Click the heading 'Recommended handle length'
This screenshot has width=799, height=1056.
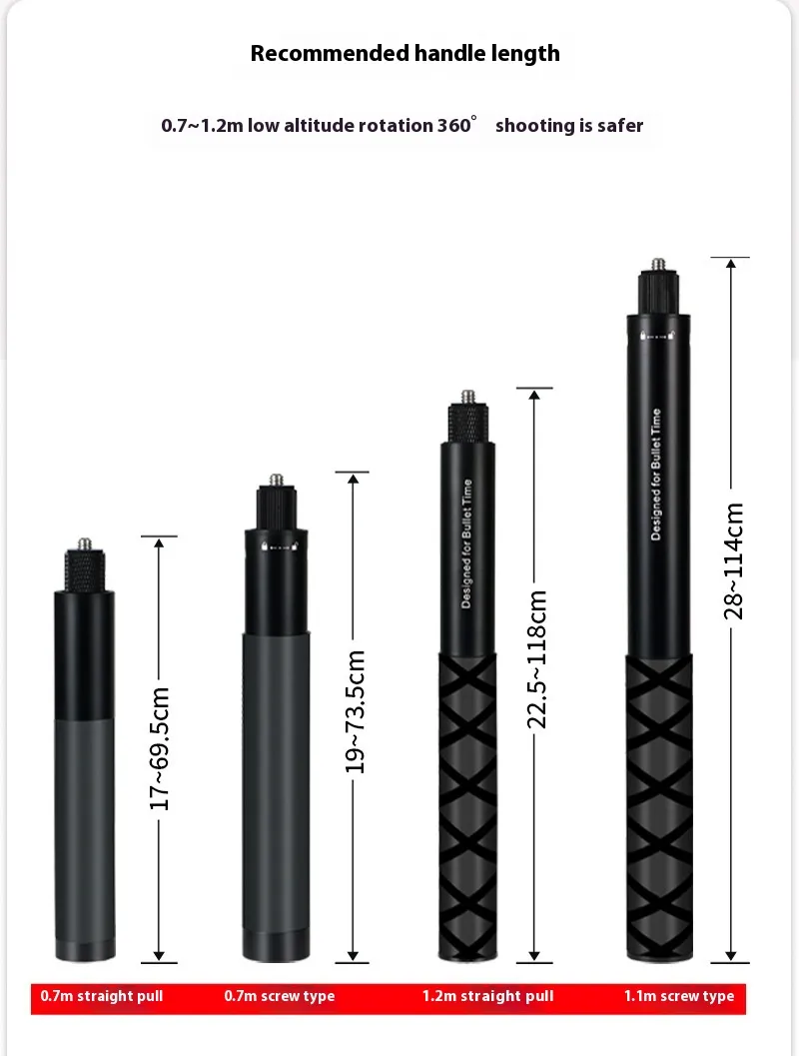[x=405, y=54]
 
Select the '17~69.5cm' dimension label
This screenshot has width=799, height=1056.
[x=160, y=749]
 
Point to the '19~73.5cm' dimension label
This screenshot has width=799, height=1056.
[x=355, y=712]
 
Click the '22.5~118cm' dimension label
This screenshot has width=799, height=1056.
[x=535, y=659]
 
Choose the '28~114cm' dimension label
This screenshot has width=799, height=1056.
[x=733, y=561]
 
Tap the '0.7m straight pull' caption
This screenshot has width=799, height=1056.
[x=102, y=996]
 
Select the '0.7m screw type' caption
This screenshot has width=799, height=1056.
[x=280, y=996]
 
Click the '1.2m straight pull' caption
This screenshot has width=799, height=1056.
[x=488, y=996]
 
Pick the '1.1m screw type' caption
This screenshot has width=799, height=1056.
[x=679, y=996]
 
